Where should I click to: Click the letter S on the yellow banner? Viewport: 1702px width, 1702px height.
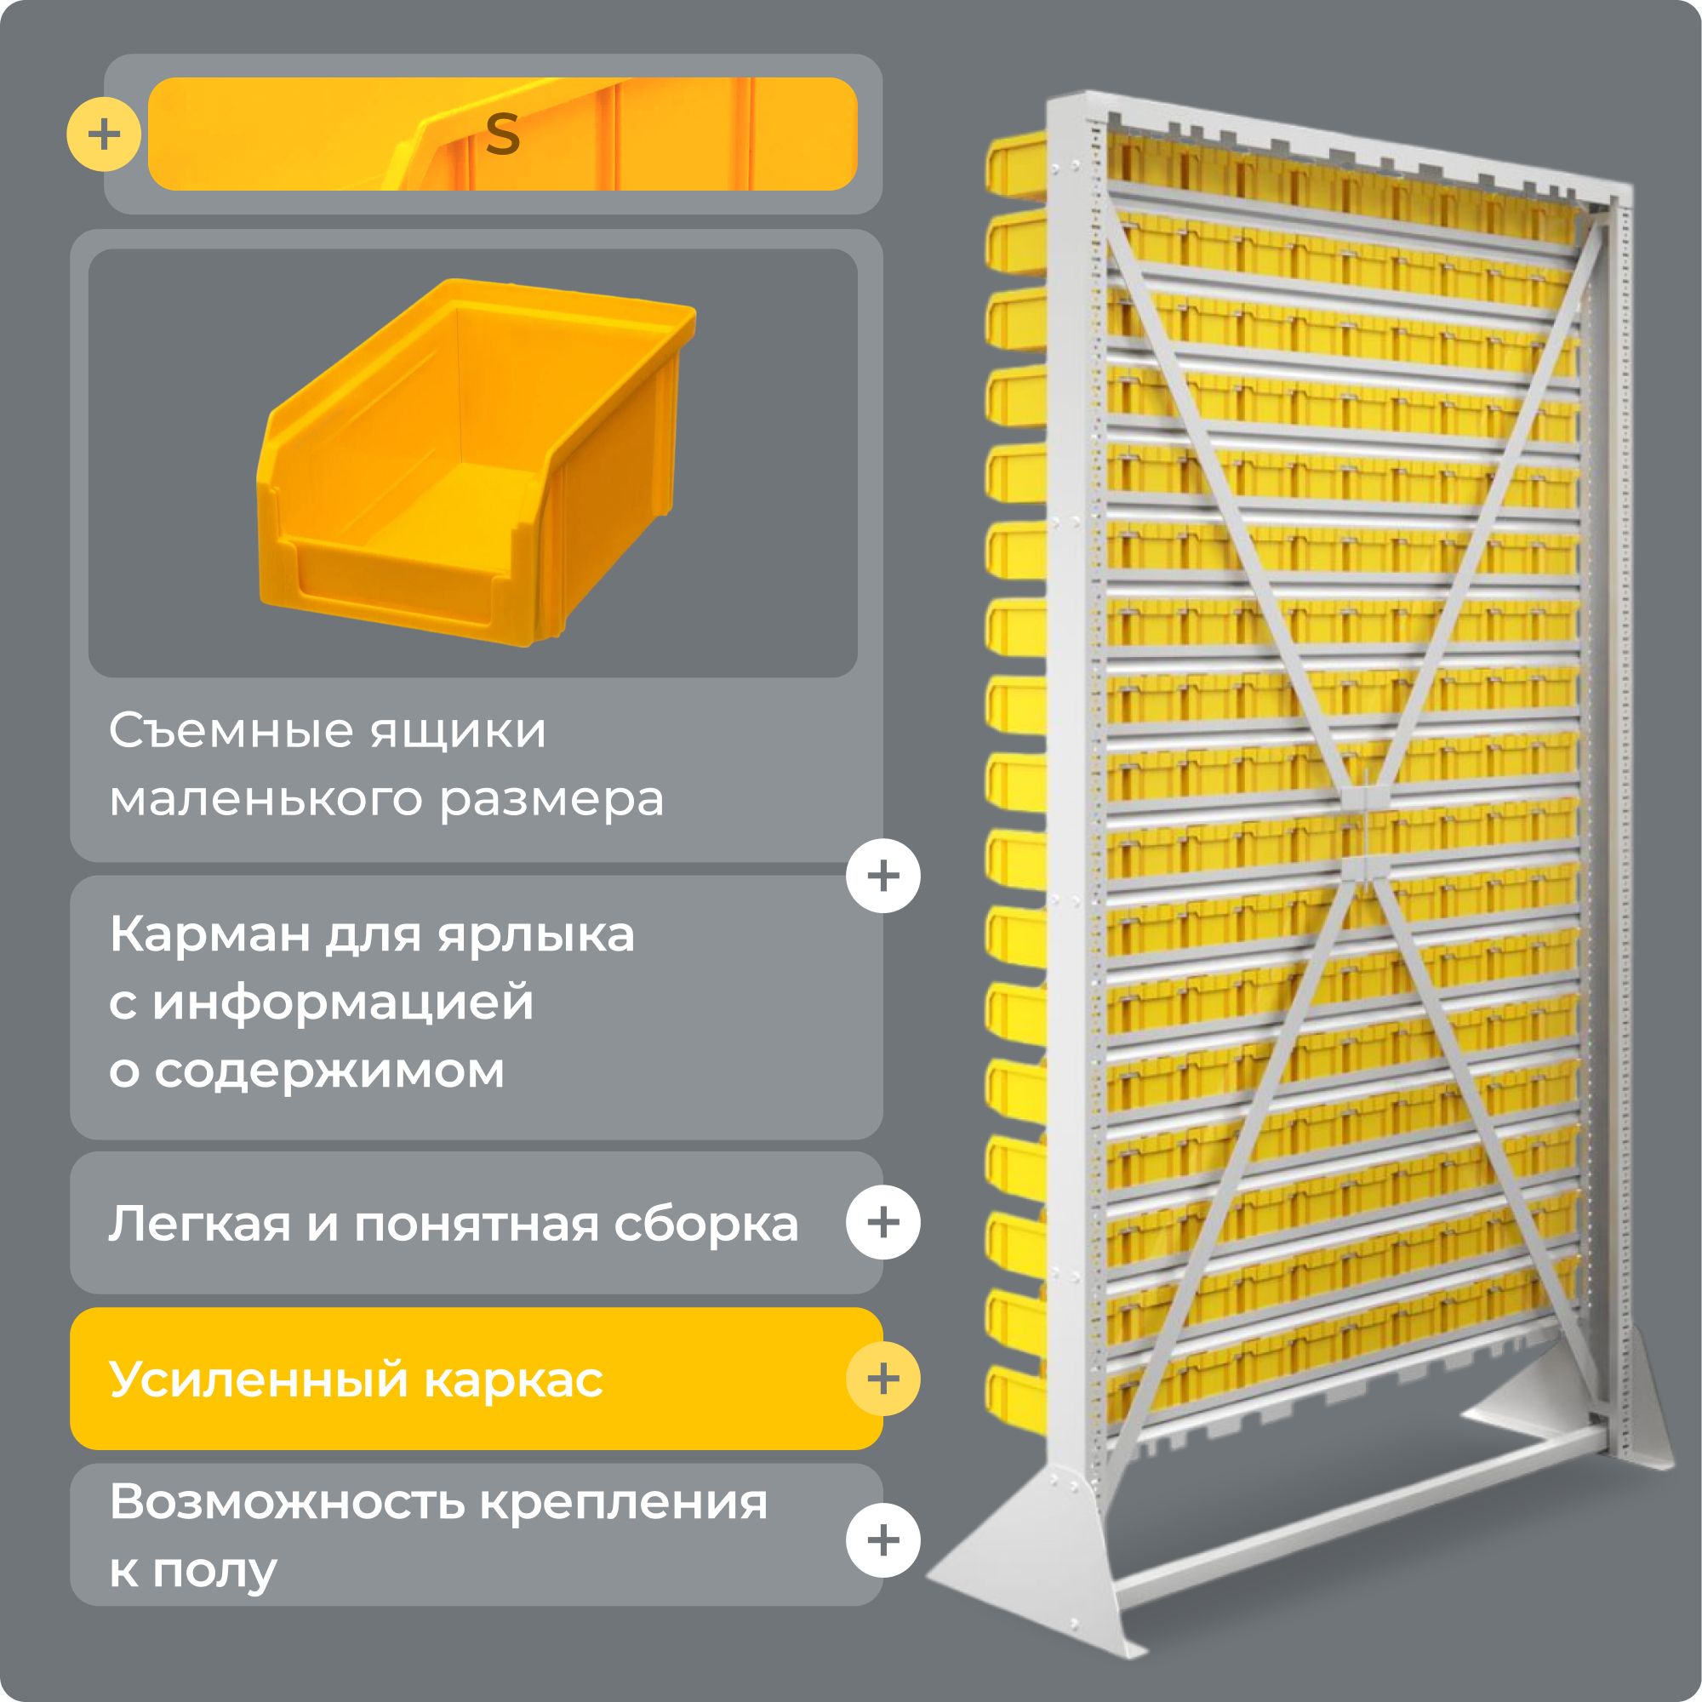(502, 134)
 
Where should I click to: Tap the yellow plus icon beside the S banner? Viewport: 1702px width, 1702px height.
(104, 134)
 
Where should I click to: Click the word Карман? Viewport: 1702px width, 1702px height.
(208, 934)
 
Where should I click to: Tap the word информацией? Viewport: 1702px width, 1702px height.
(344, 1002)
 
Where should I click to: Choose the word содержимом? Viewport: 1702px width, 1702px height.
(329, 1071)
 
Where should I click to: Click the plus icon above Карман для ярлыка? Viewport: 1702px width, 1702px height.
(882, 876)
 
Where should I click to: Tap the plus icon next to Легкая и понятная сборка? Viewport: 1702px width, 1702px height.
(882, 1223)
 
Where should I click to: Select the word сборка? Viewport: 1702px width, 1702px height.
(706, 1225)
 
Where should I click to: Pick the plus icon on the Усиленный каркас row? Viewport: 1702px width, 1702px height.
(882, 1379)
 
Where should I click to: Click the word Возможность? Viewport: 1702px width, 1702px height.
(287, 1503)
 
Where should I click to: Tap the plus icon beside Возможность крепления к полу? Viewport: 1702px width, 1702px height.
(882, 1540)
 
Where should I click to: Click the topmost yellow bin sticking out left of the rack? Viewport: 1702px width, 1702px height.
(1015, 163)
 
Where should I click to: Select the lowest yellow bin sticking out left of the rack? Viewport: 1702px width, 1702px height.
(1015, 1396)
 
